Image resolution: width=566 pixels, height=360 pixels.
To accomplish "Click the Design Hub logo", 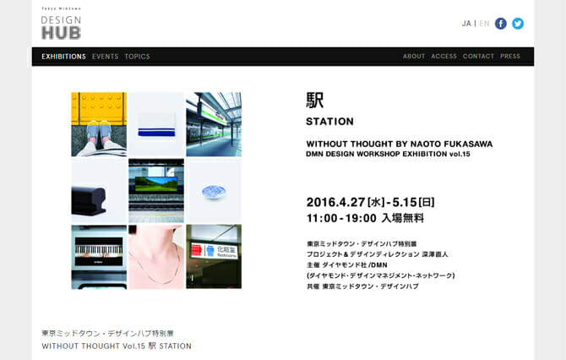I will pos(61,25).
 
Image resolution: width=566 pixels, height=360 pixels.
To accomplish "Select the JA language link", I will pos(466,24).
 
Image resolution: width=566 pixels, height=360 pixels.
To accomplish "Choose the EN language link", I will pos(484,24).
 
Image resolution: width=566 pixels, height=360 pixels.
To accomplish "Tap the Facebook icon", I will pos(501,24).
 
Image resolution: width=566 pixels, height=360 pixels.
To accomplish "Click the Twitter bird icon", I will pos(518,24).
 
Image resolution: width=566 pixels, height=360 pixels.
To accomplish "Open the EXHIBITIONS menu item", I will pos(63,57).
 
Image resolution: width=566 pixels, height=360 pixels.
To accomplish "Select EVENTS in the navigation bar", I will pos(106,57).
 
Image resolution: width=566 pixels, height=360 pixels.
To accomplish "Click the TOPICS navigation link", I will pos(137,57).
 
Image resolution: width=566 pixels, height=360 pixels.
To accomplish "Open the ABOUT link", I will pos(414,57).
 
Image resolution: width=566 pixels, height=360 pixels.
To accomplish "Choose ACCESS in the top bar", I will pos(444,57).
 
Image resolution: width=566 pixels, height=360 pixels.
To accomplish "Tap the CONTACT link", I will pos(478,57).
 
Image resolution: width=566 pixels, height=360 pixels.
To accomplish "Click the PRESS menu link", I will pos(510,57).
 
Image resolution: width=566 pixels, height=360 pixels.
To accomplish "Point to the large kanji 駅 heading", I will pos(315,100).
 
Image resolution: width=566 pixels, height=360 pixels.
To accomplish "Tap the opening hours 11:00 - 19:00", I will pos(341,217).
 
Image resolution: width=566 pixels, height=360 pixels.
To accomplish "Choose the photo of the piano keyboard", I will pos(99,257).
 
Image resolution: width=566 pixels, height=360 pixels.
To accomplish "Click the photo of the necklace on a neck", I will pos(156,257).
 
